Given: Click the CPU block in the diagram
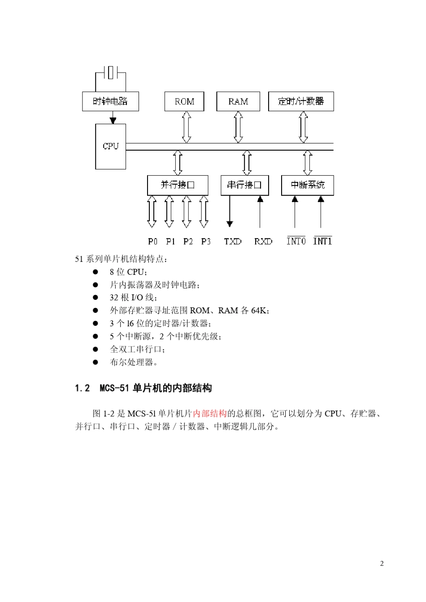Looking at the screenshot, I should coord(110,146).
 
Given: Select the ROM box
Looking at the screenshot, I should coord(184,101).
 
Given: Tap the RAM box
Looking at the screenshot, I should coord(238,101).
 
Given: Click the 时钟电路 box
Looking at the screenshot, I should coord(110,101).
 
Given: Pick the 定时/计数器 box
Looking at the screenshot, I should coord(301,101).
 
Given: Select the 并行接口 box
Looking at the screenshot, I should coord(178,185).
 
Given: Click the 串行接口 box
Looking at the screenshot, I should coord(244,185).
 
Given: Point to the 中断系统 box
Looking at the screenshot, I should coord(307,185).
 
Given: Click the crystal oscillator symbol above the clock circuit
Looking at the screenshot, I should coord(111,72).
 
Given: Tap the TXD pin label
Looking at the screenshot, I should coord(233,241).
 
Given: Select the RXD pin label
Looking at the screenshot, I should coord(263,241).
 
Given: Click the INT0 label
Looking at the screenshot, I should coord(296,241).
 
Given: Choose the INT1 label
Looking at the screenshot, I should coord(322,241).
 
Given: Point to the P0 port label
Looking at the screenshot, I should coord(152,241).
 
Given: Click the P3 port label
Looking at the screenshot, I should coord(206,241).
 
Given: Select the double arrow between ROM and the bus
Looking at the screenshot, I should coord(187,127).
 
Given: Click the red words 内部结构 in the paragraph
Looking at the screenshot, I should coord(210,413).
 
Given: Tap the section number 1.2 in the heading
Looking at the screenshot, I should coord(82,388).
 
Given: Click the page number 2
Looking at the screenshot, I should coord(382,563).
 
